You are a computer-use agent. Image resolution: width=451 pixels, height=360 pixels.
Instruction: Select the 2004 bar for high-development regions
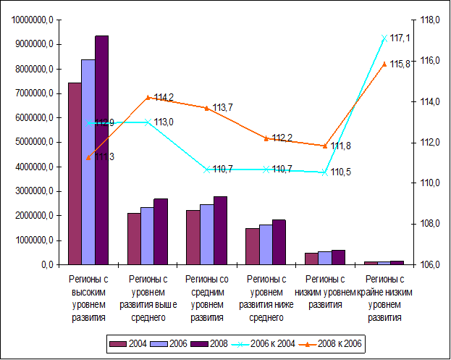pos(75,174)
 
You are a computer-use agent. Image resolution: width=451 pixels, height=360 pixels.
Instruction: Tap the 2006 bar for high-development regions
pos(88,162)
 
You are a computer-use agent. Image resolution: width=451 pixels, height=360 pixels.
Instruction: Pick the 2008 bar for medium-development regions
pos(220,230)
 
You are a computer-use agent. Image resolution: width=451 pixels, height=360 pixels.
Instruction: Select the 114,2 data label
pos(164,97)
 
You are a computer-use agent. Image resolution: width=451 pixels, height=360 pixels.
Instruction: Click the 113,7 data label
pos(223,107)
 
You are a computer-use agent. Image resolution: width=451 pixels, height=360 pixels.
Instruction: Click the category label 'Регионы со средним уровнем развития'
pos(206,298)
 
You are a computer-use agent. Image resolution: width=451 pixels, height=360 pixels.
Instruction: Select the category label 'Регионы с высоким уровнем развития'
pos(88,298)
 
